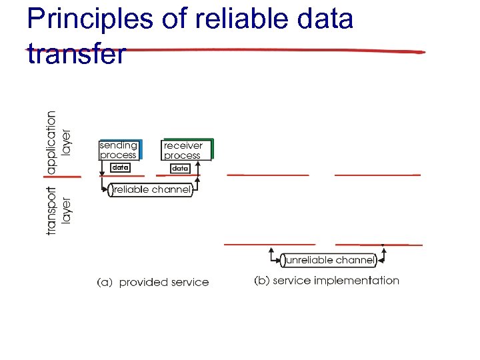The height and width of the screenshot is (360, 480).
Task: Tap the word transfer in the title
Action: tap(76, 53)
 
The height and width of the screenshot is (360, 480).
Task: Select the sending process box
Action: tap(119, 150)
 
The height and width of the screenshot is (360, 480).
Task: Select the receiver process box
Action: tap(187, 150)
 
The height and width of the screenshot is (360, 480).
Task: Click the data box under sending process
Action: tap(120, 168)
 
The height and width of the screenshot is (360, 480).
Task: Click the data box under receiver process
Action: tap(180, 169)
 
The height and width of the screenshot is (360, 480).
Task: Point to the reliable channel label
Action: tap(151, 190)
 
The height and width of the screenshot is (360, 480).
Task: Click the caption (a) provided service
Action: tap(153, 282)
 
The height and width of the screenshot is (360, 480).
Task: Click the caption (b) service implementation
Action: tap(326, 281)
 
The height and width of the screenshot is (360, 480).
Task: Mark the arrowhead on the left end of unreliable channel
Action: tap(271, 251)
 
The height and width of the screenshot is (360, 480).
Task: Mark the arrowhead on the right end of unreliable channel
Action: tap(383, 251)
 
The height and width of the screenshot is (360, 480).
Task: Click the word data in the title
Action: tap(326, 20)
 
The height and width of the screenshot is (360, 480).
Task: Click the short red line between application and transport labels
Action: tap(63, 176)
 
